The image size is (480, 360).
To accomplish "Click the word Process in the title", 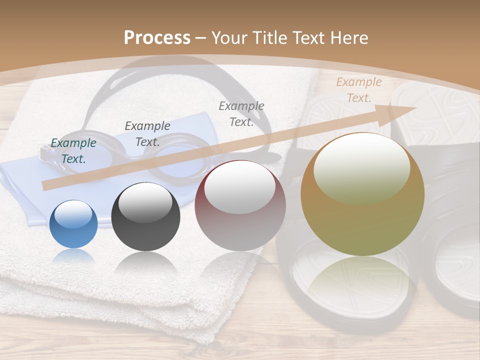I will [x=157, y=37].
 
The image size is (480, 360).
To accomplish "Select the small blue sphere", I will [x=74, y=224].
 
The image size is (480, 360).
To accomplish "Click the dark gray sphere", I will [x=145, y=217].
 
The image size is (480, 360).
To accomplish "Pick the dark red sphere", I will [x=240, y=205].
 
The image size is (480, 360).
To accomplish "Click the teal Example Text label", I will [x=73, y=151].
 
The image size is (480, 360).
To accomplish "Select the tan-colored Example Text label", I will [x=358, y=90].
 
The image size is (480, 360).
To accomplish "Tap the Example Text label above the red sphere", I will [x=241, y=113].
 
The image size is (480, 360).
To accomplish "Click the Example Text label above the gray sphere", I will [x=147, y=133].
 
